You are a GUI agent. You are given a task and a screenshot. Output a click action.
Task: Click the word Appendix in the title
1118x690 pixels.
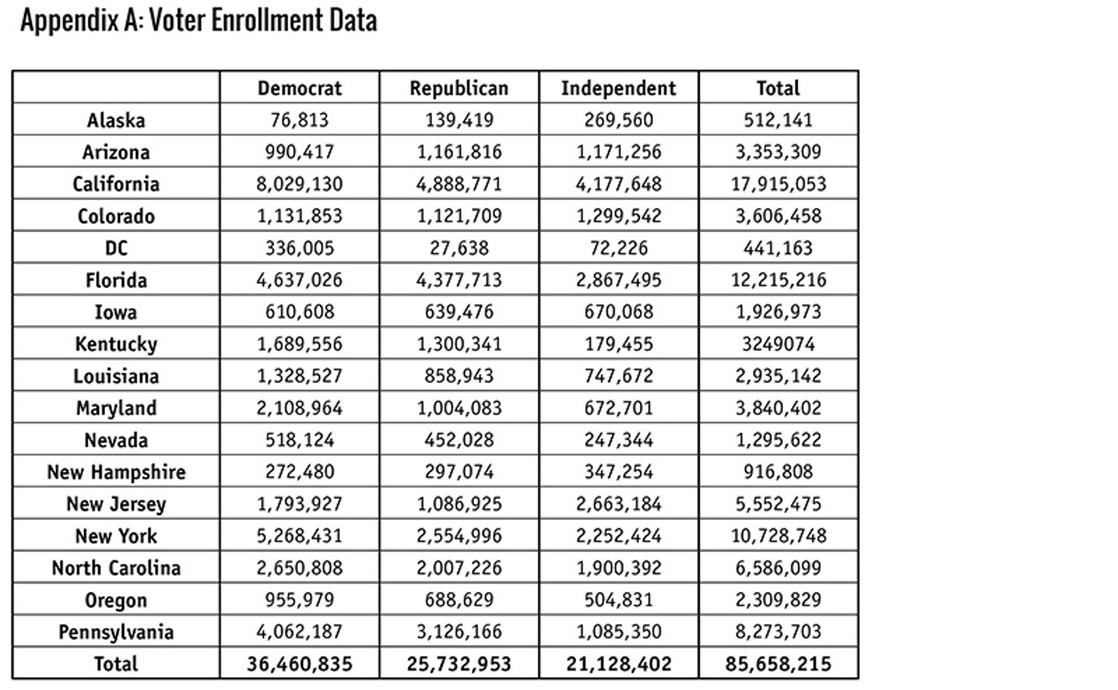click(x=69, y=21)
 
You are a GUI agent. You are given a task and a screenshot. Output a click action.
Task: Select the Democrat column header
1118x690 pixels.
click(x=299, y=88)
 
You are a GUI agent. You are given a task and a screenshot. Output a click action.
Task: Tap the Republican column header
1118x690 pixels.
click(x=459, y=88)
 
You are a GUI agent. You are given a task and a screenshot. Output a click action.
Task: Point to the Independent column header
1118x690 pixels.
click(x=619, y=88)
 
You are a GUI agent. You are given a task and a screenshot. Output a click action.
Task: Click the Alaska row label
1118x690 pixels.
click(x=116, y=120)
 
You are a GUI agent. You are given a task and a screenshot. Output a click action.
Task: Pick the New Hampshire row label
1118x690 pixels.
click(x=116, y=472)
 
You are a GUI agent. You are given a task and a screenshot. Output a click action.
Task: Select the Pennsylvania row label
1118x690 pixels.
click(x=116, y=632)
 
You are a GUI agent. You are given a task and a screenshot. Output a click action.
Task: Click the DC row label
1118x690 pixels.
click(x=116, y=248)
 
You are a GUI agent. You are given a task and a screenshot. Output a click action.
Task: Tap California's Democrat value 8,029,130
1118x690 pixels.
click(x=299, y=184)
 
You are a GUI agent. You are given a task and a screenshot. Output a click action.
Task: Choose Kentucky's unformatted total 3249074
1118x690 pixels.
click(x=778, y=344)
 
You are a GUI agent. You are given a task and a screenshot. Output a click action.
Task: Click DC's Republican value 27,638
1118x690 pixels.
click(x=459, y=248)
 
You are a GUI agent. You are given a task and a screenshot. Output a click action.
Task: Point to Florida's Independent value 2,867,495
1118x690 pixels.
click(x=619, y=280)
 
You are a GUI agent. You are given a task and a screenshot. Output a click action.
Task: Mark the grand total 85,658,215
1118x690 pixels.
click(x=778, y=664)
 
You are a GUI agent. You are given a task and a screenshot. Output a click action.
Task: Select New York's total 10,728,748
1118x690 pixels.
click(x=778, y=536)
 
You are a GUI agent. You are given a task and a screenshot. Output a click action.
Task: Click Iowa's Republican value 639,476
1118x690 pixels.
click(x=459, y=312)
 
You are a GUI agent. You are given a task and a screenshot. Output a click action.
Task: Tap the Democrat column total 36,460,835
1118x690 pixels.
click(x=299, y=664)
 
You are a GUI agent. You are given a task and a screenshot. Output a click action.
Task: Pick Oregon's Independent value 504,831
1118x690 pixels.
click(x=619, y=599)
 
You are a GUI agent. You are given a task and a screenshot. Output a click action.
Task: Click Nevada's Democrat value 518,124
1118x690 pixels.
click(x=299, y=440)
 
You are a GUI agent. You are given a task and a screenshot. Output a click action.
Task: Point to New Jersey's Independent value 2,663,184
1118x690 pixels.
click(x=619, y=504)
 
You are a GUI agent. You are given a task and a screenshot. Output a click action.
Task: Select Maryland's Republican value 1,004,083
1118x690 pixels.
click(x=459, y=408)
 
